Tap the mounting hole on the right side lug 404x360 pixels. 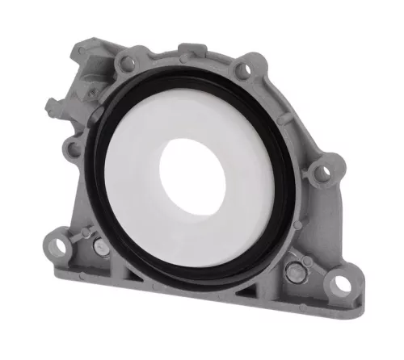tap(322, 172)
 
